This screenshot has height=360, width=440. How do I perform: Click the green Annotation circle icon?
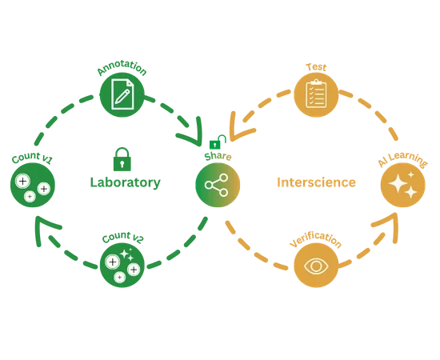122,95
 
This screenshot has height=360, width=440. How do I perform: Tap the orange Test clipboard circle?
316,95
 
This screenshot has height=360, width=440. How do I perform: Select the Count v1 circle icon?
33,185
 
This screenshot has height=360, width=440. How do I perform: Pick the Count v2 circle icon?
122,265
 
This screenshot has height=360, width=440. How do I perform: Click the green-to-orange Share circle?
218,185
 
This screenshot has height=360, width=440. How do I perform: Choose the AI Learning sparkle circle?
403,185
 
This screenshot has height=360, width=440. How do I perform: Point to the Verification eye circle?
316,265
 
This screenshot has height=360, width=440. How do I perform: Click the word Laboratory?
125,182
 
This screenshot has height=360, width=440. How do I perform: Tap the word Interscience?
316,182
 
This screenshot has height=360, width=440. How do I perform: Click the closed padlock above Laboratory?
122,159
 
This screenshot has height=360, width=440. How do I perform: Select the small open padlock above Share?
218,142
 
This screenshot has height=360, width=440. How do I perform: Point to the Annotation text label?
122,68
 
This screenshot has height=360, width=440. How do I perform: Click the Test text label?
316,67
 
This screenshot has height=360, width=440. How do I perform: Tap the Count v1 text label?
32,158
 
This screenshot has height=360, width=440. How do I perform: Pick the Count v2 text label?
122,237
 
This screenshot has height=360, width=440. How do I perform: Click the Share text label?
218,157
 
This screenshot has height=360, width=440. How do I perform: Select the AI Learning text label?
402,159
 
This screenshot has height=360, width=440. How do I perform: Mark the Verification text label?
316,240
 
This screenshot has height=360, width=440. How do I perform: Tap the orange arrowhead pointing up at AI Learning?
386,226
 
